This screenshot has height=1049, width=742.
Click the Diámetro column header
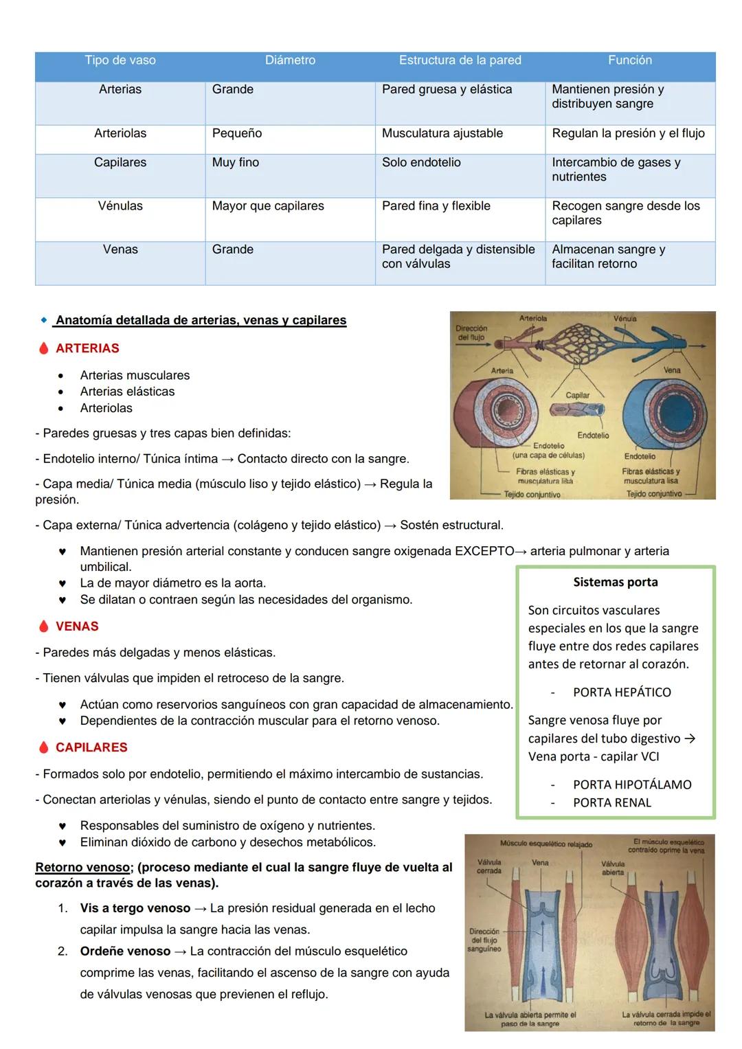click(290, 60)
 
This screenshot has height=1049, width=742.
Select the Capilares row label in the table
click(120, 163)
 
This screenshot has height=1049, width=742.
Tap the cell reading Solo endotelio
click(421, 163)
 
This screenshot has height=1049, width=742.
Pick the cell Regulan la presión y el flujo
click(628, 133)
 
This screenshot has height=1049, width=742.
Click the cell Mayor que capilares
click(268, 206)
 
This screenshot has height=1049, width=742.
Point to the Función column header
click(629, 60)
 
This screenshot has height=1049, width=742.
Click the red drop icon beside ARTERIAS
click(44, 348)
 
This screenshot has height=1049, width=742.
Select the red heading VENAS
click(77, 627)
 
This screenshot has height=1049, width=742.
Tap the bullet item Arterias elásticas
click(127, 392)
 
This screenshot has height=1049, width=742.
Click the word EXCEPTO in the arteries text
click(484, 551)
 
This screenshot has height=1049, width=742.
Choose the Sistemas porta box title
click(615, 583)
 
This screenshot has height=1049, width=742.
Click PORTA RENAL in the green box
click(611, 802)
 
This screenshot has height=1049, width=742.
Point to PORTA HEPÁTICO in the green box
click(621, 692)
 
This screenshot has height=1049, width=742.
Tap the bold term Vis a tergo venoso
click(135, 908)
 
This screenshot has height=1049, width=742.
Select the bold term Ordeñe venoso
click(125, 951)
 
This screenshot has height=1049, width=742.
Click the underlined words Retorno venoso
click(80, 868)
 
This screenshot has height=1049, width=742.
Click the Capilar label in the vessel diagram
click(577, 395)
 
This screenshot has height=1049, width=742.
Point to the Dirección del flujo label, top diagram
click(471, 332)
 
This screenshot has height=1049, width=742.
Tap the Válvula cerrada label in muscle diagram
click(489, 866)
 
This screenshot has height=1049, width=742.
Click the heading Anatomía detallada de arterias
click(201, 321)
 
